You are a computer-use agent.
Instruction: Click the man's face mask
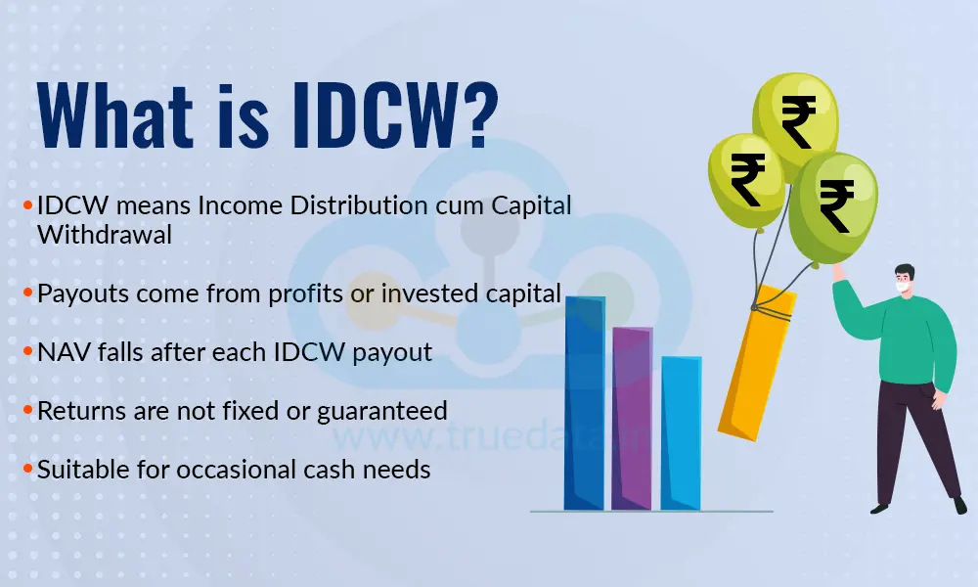901,291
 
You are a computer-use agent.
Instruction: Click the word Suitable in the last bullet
79,469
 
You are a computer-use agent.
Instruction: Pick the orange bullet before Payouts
29,293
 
